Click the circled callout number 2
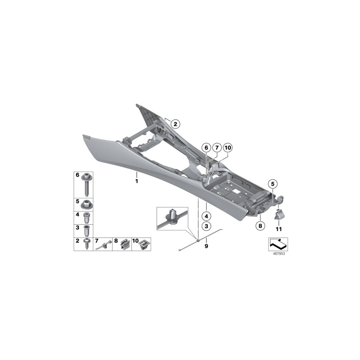coord(176,124)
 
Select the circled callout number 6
coord(206,148)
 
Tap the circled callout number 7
coord(217,148)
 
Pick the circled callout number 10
coord(228,148)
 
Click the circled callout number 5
coord(273,184)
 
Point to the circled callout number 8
coord(260,226)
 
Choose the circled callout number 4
coord(206,216)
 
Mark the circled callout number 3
coord(206,226)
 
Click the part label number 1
coord(137,181)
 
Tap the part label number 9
coord(206,246)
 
